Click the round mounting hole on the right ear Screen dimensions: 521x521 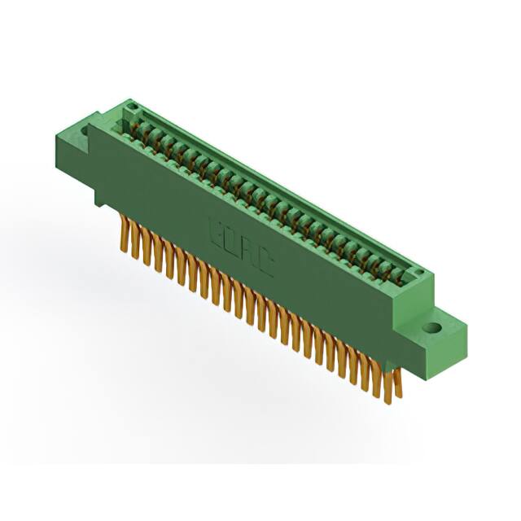point(432,327)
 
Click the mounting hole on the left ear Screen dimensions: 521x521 point(85,129)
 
